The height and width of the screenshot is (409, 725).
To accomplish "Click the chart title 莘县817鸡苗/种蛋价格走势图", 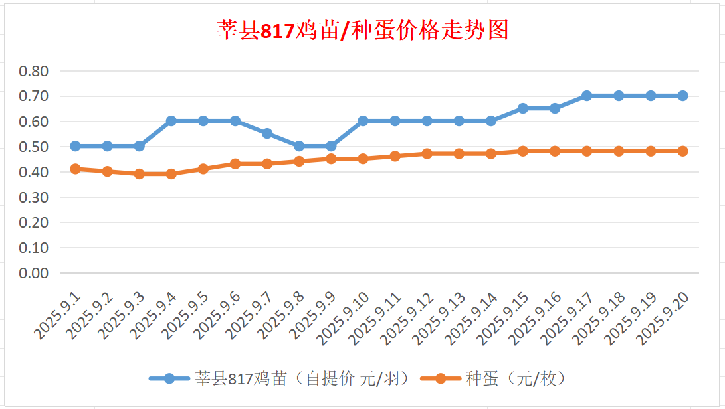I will pos(363,31).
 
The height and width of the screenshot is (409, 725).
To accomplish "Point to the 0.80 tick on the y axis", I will pos(34,71).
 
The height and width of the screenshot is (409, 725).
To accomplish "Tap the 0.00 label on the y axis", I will pos(34,273).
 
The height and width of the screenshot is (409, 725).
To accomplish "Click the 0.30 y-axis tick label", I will pos(34,197).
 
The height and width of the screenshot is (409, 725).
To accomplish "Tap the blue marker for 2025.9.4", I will pos(171,121).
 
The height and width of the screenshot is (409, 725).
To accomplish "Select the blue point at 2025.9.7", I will pos(267,133).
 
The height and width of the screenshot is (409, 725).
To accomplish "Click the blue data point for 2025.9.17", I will pos(587,96).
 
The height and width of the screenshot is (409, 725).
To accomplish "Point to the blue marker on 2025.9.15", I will pos(523,108).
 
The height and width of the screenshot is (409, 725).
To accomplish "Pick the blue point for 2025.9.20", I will pos(682,96).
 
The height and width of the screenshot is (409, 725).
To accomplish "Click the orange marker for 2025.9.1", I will pos(75,169).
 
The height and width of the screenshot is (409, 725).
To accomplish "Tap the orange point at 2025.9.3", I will pos(140,174).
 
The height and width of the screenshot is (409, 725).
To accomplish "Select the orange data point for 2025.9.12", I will pos(427,153).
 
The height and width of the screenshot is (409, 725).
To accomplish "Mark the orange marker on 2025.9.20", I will pos(682,151).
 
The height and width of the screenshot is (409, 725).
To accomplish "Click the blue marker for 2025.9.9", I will pos(331,146).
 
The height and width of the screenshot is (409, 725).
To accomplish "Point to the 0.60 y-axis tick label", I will pos(34,122).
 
